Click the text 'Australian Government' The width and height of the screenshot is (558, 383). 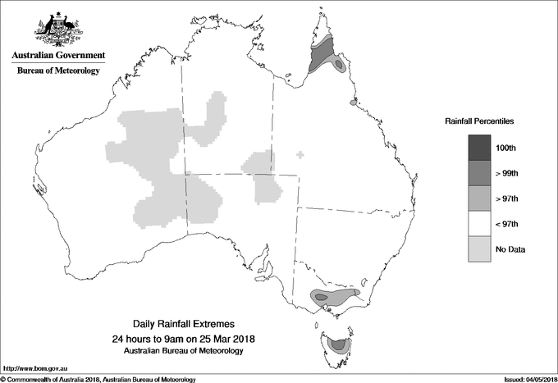(58, 56)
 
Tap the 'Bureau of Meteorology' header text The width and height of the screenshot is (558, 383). (58, 71)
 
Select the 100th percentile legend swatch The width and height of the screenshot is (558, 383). (478, 147)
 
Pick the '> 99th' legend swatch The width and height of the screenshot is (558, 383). (478, 173)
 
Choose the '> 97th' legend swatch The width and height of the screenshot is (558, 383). (478, 198)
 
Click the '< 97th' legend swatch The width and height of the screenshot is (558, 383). (478, 224)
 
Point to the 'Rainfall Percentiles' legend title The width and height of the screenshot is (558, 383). (479, 121)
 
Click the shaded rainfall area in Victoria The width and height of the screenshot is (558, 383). (334, 295)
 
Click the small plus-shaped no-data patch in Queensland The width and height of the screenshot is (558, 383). (300, 154)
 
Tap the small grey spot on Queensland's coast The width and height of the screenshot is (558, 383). (354, 103)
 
